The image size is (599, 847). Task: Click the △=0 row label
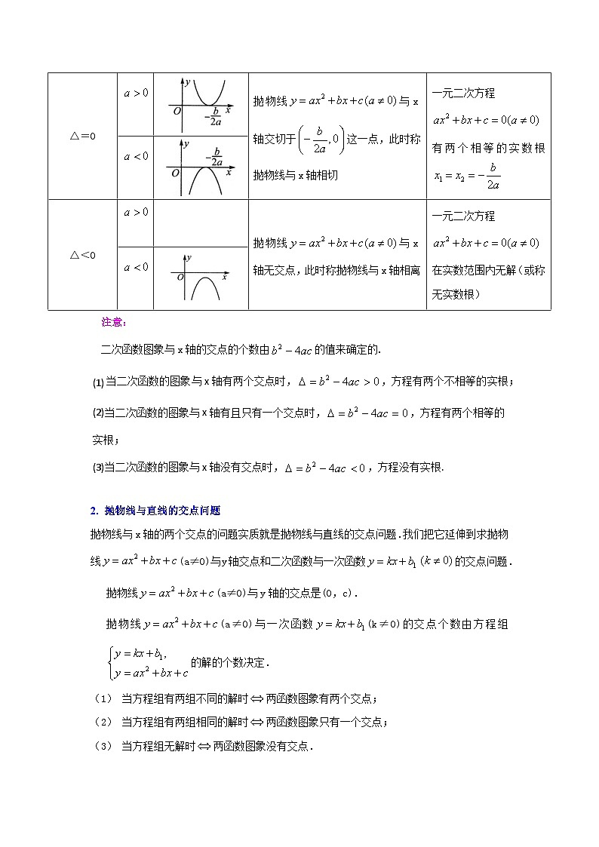tap(82, 137)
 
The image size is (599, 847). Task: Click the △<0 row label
tap(82, 255)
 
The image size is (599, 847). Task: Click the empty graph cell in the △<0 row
tap(201, 222)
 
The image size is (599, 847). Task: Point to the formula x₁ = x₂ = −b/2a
tap(468, 176)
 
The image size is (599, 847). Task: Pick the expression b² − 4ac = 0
tap(371, 413)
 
